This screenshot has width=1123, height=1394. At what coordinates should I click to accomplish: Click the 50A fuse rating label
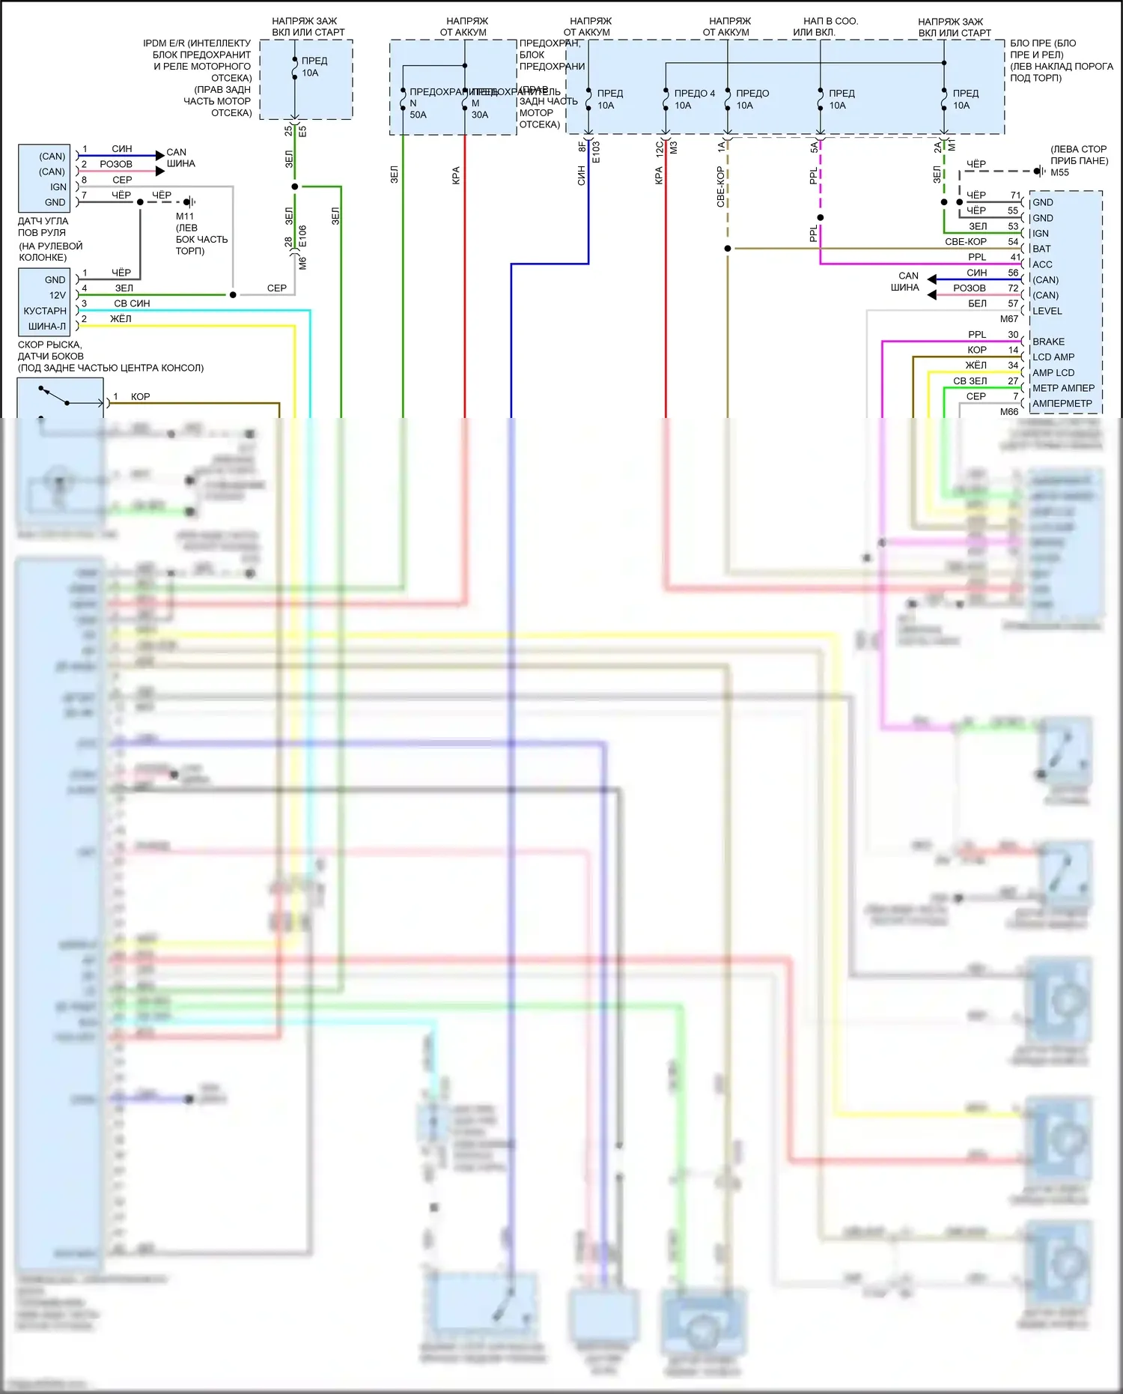418,115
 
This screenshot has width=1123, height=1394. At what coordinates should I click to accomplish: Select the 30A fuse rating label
480,115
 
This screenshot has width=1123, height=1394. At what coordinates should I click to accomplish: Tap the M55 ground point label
1059,173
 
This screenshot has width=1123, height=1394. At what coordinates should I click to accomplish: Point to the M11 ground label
185,216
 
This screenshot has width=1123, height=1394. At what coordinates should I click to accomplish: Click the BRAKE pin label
1048,342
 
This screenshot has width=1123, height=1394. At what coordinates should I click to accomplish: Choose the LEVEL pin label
1047,311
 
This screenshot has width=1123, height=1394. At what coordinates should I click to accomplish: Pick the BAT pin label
1041,249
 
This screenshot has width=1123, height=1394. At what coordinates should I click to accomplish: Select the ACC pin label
1042,264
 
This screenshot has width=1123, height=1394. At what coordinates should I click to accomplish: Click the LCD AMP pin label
1053,357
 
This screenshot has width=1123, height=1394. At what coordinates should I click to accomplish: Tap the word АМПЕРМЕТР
1062,404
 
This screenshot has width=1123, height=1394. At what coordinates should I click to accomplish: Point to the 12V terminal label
58,295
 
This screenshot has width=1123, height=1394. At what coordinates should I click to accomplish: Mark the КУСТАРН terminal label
45,311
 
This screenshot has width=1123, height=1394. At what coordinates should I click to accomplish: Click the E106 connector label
302,237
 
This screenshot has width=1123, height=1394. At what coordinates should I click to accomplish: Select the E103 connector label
596,152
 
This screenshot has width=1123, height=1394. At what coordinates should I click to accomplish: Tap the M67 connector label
1009,319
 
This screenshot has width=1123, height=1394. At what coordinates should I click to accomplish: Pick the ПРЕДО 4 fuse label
694,94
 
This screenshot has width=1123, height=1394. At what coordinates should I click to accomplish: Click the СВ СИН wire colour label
132,303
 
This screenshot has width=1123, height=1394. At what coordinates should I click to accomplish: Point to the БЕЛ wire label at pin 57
977,303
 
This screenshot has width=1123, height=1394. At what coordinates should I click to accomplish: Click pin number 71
1015,196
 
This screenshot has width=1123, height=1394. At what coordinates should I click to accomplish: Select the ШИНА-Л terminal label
47,327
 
